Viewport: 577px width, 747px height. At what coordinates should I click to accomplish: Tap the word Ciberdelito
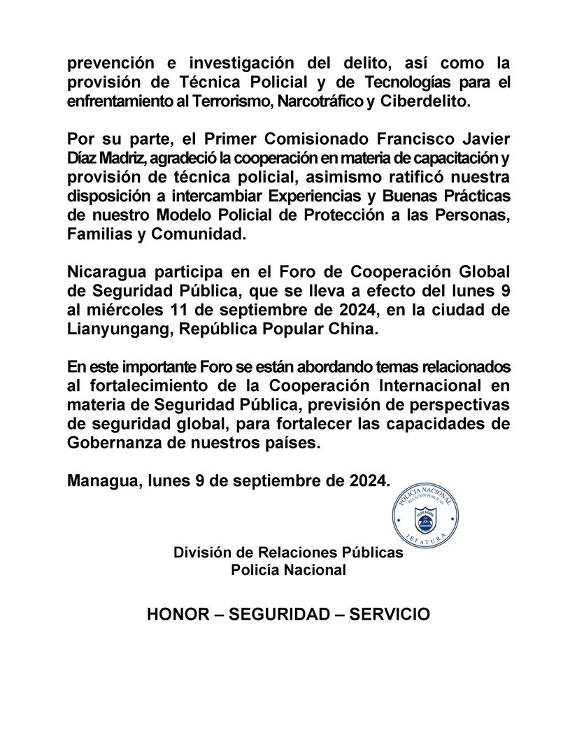coord(426,102)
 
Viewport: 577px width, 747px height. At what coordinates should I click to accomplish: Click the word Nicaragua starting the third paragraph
coord(104,271)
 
